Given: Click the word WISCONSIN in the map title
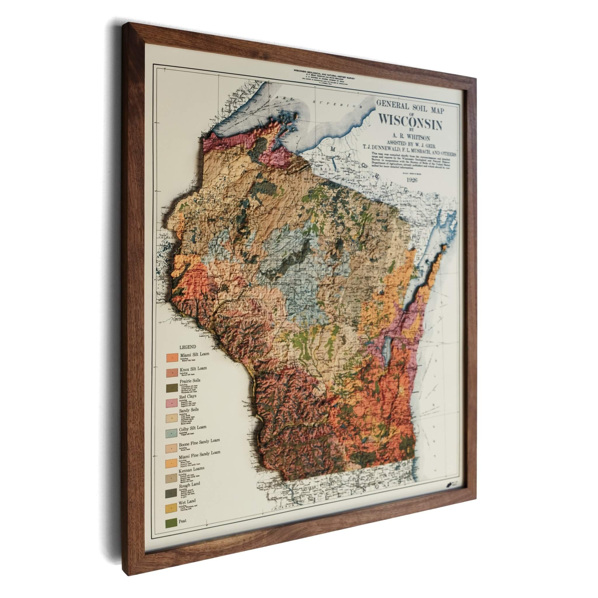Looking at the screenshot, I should point(411,122).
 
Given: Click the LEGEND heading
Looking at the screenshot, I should point(187,347).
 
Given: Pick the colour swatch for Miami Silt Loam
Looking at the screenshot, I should point(172,358).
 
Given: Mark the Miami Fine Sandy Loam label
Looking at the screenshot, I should point(199,454).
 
